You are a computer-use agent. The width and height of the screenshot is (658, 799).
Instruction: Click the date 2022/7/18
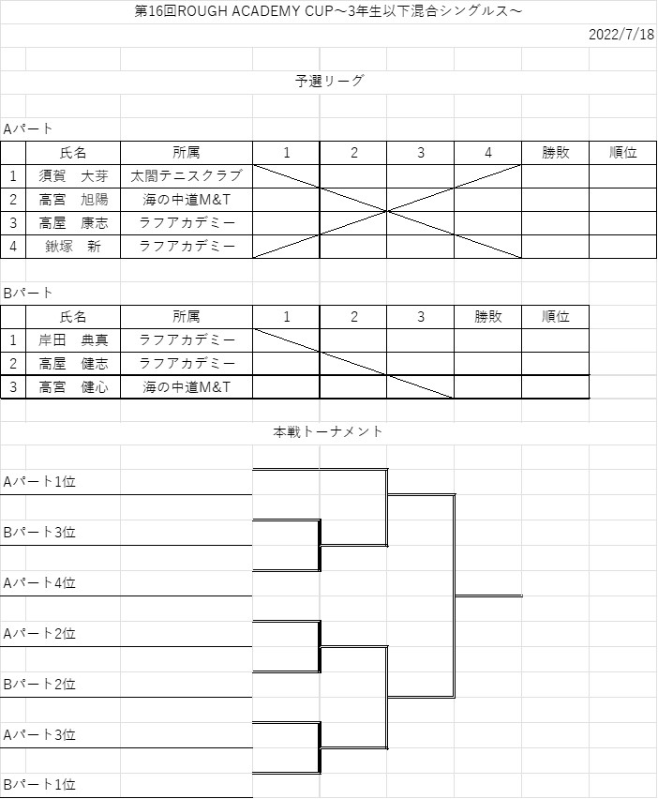(621, 34)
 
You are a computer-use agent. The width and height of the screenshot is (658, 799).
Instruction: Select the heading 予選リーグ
(329, 81)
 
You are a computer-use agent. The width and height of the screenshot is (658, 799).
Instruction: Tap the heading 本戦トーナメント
(327, 431)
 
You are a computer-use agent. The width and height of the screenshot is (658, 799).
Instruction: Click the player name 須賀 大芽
(73, 176)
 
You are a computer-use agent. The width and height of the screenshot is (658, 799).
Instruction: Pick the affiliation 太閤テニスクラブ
(187, 176)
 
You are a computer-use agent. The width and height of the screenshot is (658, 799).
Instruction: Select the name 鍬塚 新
(73, 247)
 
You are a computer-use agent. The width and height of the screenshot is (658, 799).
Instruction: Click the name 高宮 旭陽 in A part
(73, 200)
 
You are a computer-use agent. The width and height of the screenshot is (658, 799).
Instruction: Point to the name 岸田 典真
(73, 339)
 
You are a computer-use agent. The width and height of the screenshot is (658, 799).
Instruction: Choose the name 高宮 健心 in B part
(73, 387)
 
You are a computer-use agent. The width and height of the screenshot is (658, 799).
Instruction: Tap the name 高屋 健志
(73, 364)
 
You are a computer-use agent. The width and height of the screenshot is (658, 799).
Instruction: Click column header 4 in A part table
(488, 153)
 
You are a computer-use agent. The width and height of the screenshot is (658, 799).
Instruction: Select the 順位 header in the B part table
(555, 317)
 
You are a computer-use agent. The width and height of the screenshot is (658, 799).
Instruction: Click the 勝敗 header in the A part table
(555, 153)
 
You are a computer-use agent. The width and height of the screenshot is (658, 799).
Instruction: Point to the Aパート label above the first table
(27, 128)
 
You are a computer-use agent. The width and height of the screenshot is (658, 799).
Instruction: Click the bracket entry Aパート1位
(39, 481)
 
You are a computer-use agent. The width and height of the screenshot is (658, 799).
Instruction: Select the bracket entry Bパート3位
(39, 533)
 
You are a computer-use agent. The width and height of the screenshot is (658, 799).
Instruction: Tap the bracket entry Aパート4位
(39, 582)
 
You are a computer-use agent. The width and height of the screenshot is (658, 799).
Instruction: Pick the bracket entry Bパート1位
(39, 784)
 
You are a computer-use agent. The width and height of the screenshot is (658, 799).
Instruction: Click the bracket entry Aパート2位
(39, 633)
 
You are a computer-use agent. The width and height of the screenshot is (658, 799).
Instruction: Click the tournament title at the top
(328, 11)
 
